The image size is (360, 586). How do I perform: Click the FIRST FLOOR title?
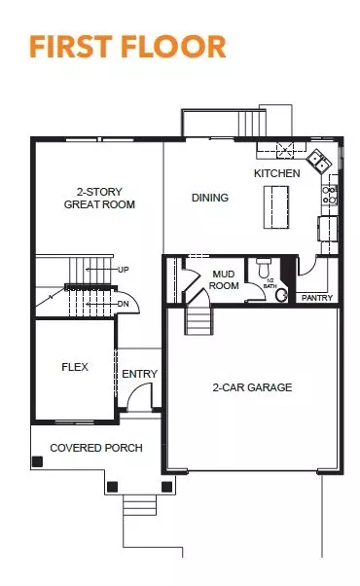127,46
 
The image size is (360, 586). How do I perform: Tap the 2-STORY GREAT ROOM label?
99,198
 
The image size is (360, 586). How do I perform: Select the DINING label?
210,198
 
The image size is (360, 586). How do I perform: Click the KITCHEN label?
277,173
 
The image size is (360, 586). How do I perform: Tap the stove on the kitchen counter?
330,194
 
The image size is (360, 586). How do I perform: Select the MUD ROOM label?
225,280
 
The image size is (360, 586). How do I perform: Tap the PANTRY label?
317,298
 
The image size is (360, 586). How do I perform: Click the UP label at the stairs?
123,269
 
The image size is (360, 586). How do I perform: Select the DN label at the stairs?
122,304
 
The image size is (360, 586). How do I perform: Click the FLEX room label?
75,368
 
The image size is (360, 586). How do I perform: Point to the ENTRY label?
139,374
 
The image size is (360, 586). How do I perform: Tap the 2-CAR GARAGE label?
252,387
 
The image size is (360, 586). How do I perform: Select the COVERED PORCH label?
96,448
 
